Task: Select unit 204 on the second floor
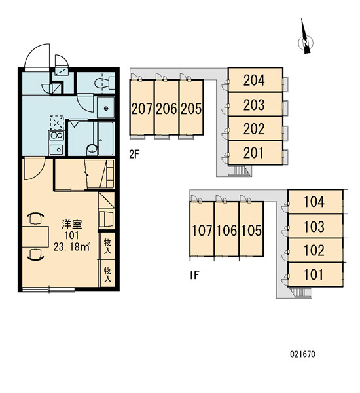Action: pos(255,80)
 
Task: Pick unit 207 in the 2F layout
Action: pos(142,107)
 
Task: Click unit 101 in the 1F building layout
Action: pos(315,274)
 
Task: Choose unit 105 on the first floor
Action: pos(251,229)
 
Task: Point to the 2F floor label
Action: pos(134,155)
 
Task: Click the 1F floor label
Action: pos(194,276)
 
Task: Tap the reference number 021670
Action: pos(302,354)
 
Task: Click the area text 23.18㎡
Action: pos(71,247)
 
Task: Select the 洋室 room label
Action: pos(72,224)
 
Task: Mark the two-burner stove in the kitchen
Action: pos(56,136)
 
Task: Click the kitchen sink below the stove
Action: pos(56,149)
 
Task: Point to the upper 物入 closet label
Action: pos(108,246)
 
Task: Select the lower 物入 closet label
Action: pos(108,274)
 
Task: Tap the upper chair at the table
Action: pos(35,218)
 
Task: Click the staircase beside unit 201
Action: pos(240,170)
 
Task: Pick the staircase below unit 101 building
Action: pos(300,293)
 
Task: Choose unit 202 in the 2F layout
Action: pos(255,129)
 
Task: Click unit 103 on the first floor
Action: pos(315,225)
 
